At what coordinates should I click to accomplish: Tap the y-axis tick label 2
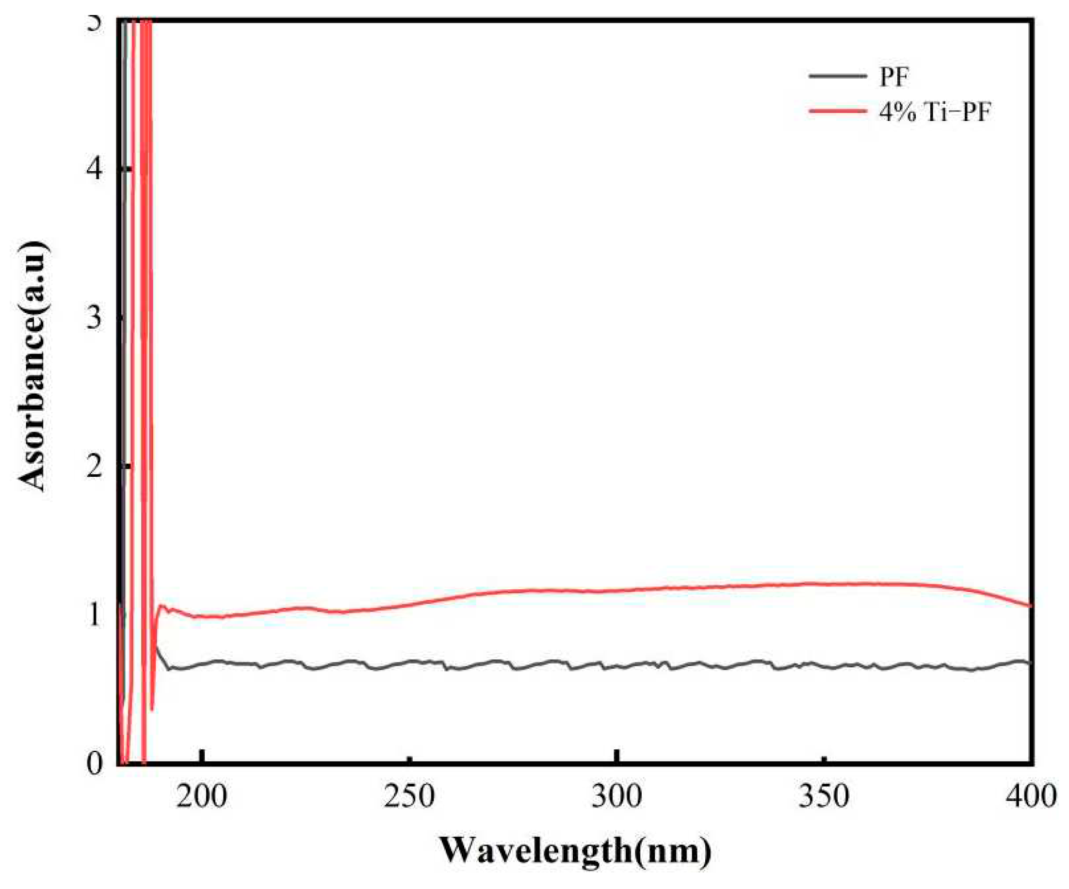pos(94,466)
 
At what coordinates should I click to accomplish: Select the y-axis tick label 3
pos(94,318)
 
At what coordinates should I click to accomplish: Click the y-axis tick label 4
pos(94,169)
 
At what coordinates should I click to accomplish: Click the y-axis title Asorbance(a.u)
pos(34,366)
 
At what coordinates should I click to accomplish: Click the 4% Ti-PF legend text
pos(935,112)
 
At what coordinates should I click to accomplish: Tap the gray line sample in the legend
pos(837,76)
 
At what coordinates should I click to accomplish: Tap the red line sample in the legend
pos(837,111)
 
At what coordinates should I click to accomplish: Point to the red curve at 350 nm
pos(824,583)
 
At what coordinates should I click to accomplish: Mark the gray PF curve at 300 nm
pos(616,666)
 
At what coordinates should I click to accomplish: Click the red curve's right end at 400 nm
pos(1029,605)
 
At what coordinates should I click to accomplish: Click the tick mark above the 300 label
pos(616,756)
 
